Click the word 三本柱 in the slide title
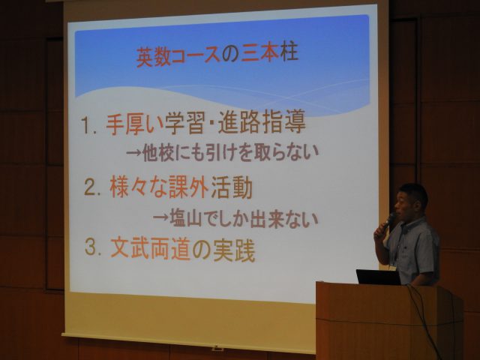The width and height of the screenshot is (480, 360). tap(270, 53)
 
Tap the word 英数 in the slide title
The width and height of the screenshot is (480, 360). tap(153, 57)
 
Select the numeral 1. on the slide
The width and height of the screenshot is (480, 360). tap(89, 125)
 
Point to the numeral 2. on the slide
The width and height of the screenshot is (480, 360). tap(92, 188)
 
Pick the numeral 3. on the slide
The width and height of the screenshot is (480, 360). tap(93, 247)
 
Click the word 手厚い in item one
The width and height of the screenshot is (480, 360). tap(135, 124)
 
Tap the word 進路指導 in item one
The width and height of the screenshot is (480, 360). tap(262, 122)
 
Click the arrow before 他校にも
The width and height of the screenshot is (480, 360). tap(134, 152)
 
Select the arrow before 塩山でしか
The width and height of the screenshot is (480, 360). tap(160, 218)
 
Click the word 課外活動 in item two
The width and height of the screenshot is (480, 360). tap(210, 187)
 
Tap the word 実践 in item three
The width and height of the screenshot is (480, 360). tap(234, 250)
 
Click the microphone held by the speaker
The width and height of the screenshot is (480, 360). tap(388, 222)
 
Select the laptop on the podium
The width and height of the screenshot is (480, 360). tap(378, 277)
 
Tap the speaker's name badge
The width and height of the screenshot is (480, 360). tap(392, 268)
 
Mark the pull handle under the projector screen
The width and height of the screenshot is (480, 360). tap(217, 348)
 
